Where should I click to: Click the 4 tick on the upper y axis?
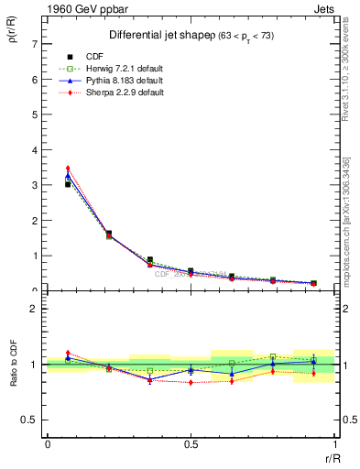coord(36,149)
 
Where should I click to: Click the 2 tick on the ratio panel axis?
coord(36,310)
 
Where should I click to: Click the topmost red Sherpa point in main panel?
coord(68,169)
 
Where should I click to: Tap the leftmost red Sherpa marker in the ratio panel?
coord(68,353)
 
